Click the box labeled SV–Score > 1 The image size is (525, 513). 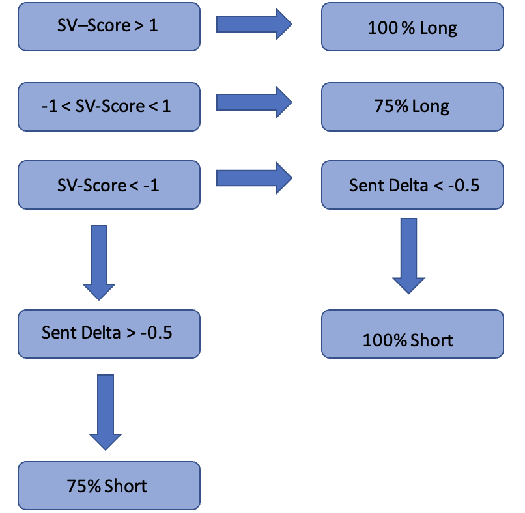pos(109,27)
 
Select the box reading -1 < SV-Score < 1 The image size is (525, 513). pos(109,106)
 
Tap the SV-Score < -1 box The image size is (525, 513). pos(109,186)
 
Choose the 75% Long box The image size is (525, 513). pos(412,106)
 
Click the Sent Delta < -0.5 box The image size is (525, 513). pos(412,186)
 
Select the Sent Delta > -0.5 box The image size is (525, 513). pos(109,333)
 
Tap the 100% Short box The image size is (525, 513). pos(412,334)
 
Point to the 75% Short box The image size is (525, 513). pos(109,485)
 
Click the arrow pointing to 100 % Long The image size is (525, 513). pos(254,25)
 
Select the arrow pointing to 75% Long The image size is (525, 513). pos(254,102)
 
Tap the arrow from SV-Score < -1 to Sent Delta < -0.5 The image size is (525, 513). pos(254,178)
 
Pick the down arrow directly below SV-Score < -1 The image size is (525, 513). pos(99,262)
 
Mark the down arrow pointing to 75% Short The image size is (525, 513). pos(104,411)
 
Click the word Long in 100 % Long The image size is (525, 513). pos(439,29)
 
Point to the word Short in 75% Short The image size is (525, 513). pos(125,486)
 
